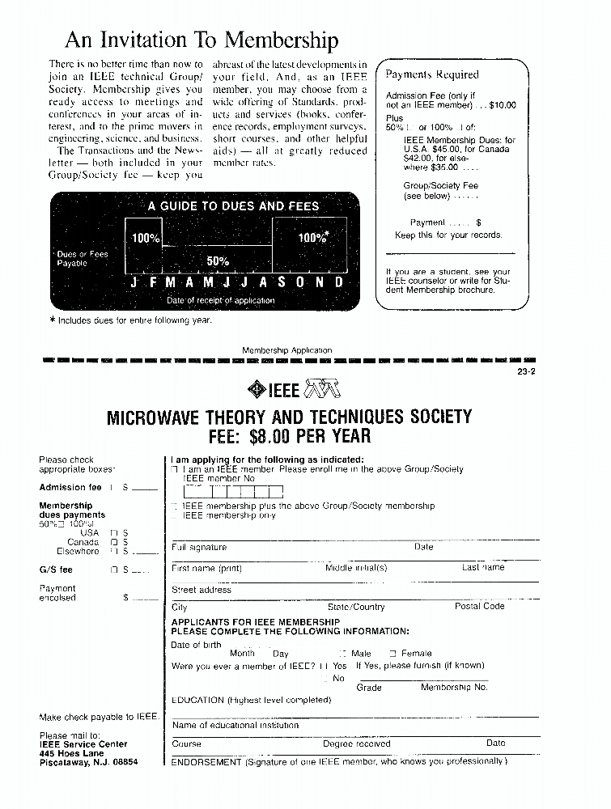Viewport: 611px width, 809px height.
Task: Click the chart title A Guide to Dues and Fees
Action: click(x=233, y=206)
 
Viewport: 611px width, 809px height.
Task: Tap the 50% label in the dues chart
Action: click(x=219, y=260)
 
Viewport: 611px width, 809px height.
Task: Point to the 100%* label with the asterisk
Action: click(x=313, y=238)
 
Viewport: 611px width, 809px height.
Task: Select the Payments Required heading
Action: click(x=432, y=74)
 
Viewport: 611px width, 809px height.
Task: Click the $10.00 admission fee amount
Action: click(x=502, y=105)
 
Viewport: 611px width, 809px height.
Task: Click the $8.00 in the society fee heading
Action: click(x=278, y=437)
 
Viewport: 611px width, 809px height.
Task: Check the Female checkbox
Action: click(x=393, y=653)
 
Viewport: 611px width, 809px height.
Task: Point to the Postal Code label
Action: click(x=479, y=607)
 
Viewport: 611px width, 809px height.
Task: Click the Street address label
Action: click(x=202, y=590)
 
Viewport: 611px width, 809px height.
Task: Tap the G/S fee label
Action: click(x=56, y=570)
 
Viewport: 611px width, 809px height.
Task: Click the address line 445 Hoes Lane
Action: click(x=72, y=753)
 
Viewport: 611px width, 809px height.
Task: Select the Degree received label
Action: click(x=356, y=743)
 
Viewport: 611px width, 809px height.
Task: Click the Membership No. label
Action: click(x=454, y=688)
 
